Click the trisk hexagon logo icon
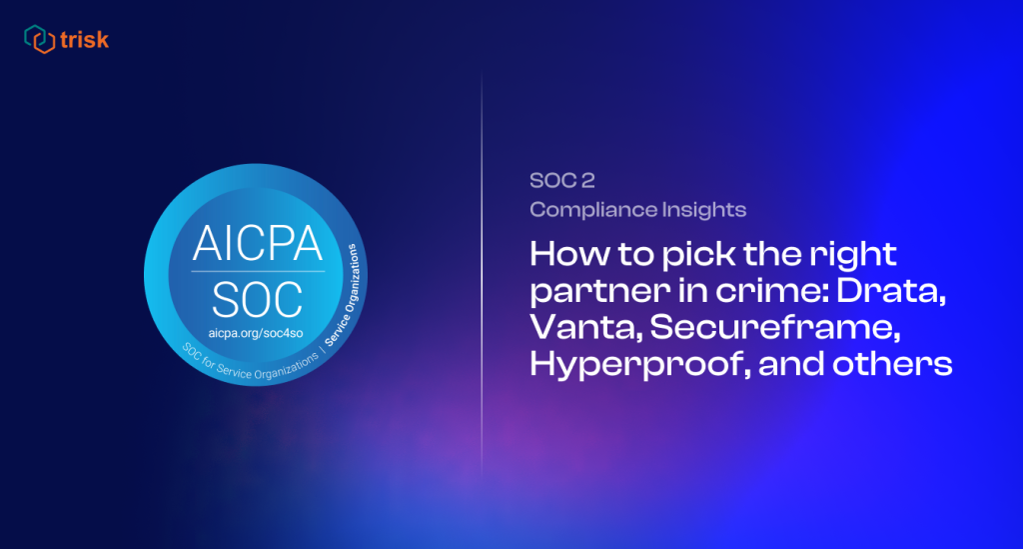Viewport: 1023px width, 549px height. pyautogui.click(x=39, y=39)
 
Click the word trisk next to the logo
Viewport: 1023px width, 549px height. pyautogui.click(x=85, y=40)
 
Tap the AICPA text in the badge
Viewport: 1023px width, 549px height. pyautogui.click(x=258, y=243)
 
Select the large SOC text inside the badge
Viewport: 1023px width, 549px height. pyautogui.click(x=258, y=295)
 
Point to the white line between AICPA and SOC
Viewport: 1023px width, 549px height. pyautogui.click(x=258, y=270)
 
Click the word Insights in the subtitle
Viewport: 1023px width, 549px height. pyautogui.click(x=704, y=210)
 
